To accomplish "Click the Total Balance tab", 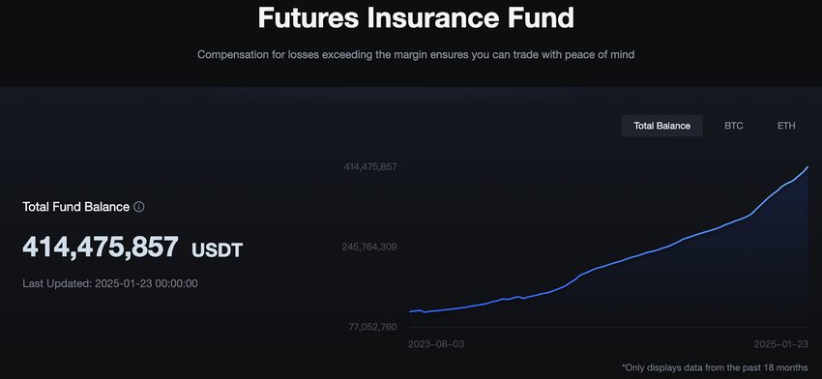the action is point(662,126).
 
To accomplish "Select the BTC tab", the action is point(734,126).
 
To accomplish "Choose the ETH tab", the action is point(786,126).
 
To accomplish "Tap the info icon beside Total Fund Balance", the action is point(139,207).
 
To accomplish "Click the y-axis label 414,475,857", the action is point(370,166).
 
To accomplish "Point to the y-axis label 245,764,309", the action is point(369,247).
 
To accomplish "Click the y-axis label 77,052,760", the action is point(372,327).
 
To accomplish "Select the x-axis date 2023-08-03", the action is point(436,344).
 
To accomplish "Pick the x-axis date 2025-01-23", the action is point(780,344).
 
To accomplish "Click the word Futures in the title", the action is point(308,17).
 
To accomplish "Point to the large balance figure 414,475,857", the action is point(101,247).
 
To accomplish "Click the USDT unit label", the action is point(217,250).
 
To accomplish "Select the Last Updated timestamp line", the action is point(110,283).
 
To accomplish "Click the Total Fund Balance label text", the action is point(76,207).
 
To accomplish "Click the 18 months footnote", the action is point(715,367).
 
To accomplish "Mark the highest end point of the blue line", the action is point(807,166).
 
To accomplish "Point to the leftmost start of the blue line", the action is point(410,312).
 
